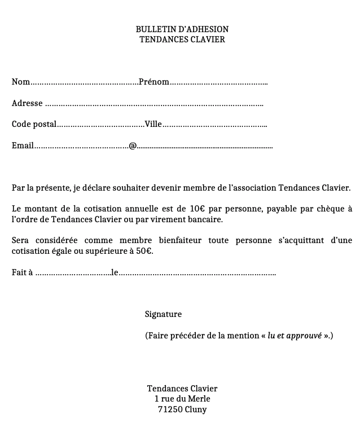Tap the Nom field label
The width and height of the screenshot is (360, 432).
20,82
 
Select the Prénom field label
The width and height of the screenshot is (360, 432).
154,82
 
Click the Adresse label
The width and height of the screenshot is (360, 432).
27,103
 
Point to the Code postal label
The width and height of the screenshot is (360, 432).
34,124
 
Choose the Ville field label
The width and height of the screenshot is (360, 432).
153,124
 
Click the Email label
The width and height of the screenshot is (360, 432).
23,146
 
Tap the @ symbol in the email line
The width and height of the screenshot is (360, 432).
133,146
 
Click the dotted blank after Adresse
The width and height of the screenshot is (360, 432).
154,104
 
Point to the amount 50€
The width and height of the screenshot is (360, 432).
144,250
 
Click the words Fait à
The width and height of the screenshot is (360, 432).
22,273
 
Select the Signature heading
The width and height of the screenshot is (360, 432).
163,314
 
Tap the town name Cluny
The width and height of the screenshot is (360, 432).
196,409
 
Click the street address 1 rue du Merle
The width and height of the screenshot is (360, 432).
182,399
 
